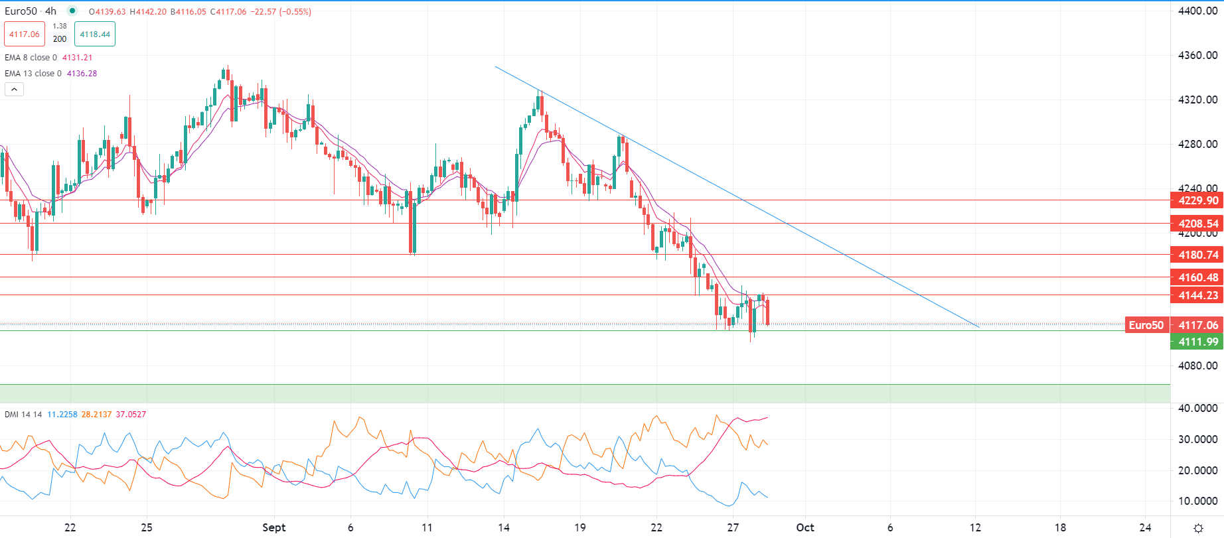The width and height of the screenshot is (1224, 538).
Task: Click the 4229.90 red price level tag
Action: pyautogui.click(x=1197, y=200)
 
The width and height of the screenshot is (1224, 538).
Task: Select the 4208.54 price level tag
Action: pyautogui.click(x=1197, y=224)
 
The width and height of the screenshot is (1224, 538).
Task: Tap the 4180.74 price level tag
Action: pyautogui.click(x=1197, y=255)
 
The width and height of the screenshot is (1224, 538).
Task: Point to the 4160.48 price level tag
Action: pyautogui.click(x=1197, y=277)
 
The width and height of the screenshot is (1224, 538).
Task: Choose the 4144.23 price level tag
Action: pyautogui.click(x=1197, y=295)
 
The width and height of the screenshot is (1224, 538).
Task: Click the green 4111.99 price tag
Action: pyautogui.click(x=1197, y=342)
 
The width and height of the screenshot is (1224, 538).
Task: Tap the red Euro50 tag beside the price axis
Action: pyautogui.click(x=1146, y=325)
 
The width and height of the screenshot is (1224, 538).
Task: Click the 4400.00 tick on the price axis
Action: pyautogui.click(x=1197, y=11)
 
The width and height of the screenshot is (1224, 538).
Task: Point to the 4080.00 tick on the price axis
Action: pyautogui.click(x=1197, y=366)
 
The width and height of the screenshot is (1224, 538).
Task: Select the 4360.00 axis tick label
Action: pyautogui.click(x=1197, y=56)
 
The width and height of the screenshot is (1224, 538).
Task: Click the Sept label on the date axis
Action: pyautogui.click(x=273, y=527)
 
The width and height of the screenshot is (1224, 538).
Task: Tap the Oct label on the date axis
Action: pyautogui.click(x=805, y=527)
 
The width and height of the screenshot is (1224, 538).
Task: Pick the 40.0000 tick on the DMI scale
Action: pyautogui.click(x=1197, y=408)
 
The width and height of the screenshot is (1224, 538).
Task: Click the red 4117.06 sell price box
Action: pyautogui.click(x=25, y=34)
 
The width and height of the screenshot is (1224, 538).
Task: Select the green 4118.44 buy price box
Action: pyautogui.click(x=95, y=34)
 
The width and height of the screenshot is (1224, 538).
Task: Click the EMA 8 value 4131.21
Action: pyautogui.click(x=77, y=58)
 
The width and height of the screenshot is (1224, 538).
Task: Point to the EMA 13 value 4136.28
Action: pyautogui.click(x=82, y=74)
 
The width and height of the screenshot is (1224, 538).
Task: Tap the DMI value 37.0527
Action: pyautogui.click(x=131, y=415)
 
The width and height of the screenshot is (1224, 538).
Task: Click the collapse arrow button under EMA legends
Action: pyautogui.click(x=14, y=90)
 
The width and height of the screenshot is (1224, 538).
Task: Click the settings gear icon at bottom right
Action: pyautogui.click(x=1198, y=528)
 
